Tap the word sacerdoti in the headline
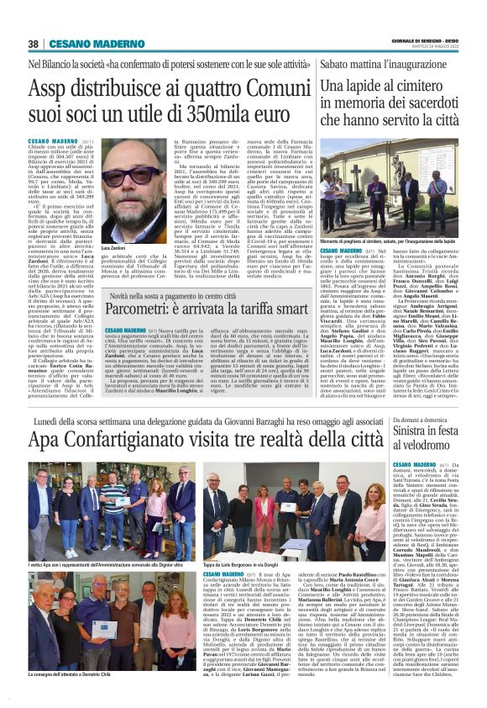[416, 101]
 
